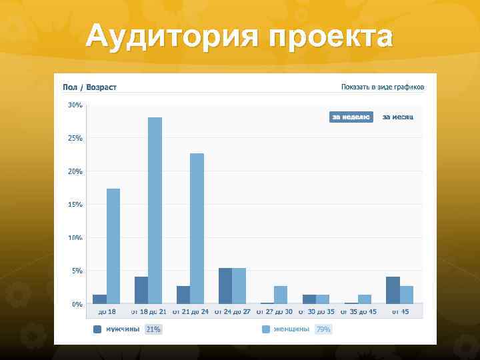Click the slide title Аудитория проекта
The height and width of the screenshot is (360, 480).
click(x=239, y=37)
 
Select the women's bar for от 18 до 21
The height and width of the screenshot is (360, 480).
click(x=155, y=210)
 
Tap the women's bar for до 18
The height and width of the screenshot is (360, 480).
click(x=113, y=246)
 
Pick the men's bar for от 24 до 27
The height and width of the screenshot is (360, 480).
click(x=225, y=286)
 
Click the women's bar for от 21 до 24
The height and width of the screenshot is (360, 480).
click(x=197, y=228)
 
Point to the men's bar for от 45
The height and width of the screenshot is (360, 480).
click(x=393, y=290)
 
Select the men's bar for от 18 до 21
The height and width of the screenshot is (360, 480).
click(x=141, y=290)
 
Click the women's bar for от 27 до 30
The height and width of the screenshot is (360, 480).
click(x=281, y=295)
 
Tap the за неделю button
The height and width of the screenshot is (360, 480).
click(x=351, y=117)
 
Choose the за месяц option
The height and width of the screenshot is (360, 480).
click(x=397, y=117)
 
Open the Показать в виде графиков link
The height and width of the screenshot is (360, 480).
click(x=382, y=87)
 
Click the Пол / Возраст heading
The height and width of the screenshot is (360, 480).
click(x=89, y=87)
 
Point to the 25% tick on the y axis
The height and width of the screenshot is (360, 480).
click(x=75, y=138)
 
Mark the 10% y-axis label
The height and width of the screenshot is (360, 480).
click(x=75, y=237)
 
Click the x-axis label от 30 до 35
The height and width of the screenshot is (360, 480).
click(x=316, y=311)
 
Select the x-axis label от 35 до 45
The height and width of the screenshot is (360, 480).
click(x=358, y=311)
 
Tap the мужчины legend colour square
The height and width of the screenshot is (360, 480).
click(x=97, y=329)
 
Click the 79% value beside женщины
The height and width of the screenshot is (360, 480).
click(x=323, y=329)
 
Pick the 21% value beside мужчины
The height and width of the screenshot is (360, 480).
click(x=153, y=329)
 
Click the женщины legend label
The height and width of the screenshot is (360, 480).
click(x=291, y=329)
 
